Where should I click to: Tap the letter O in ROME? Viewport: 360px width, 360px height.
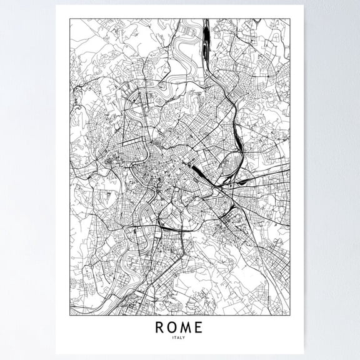[x=172, y=327]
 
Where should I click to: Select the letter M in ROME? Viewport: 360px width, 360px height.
[x=186, y=327]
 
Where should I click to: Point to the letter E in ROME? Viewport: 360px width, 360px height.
[x=199, y=327]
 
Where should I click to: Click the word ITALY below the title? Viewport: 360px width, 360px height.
[x=179, y=337]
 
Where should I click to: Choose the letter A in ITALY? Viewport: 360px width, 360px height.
[x=179, y=337]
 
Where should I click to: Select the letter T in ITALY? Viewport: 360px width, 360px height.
[x=175, y=337]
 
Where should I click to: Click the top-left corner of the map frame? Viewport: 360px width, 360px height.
[x=69, y=19]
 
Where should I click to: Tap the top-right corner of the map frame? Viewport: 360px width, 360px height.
[x=289, y=19]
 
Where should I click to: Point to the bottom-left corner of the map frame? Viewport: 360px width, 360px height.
[x=69, y=315]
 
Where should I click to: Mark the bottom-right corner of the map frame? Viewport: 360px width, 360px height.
[x=289, y=315]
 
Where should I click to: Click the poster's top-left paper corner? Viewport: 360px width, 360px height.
[x=56, y=6]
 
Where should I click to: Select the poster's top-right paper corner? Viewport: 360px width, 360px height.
[x=303, y=6]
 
